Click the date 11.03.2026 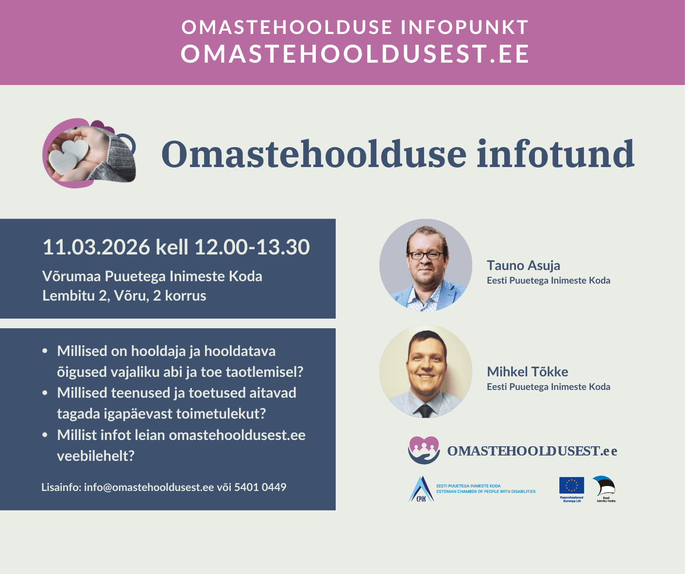[x=96, y=247]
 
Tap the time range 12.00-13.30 [x=252, y=247]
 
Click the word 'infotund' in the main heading [x=555, y=154]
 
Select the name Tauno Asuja [x=523, y=266]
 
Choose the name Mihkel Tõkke [x=527, y=372]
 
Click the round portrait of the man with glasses [x=426, y=265]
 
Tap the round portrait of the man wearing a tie [x=426, y=371]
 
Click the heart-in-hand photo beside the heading [x=89, y=153]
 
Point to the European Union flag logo [x=571, y=486]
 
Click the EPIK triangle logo [x=421, y=489]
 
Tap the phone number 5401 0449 [x=260, y=487]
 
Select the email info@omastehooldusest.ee [x=149, y=487]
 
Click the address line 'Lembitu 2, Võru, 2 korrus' [x=124, y=296]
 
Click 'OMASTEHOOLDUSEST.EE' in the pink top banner [x=355, y=54]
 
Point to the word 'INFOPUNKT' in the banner [x=464, y=28]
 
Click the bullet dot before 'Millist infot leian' [x=45, y=435]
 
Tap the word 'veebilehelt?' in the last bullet [x=96, y=456]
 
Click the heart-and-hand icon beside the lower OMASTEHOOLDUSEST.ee [x=424, y=450]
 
